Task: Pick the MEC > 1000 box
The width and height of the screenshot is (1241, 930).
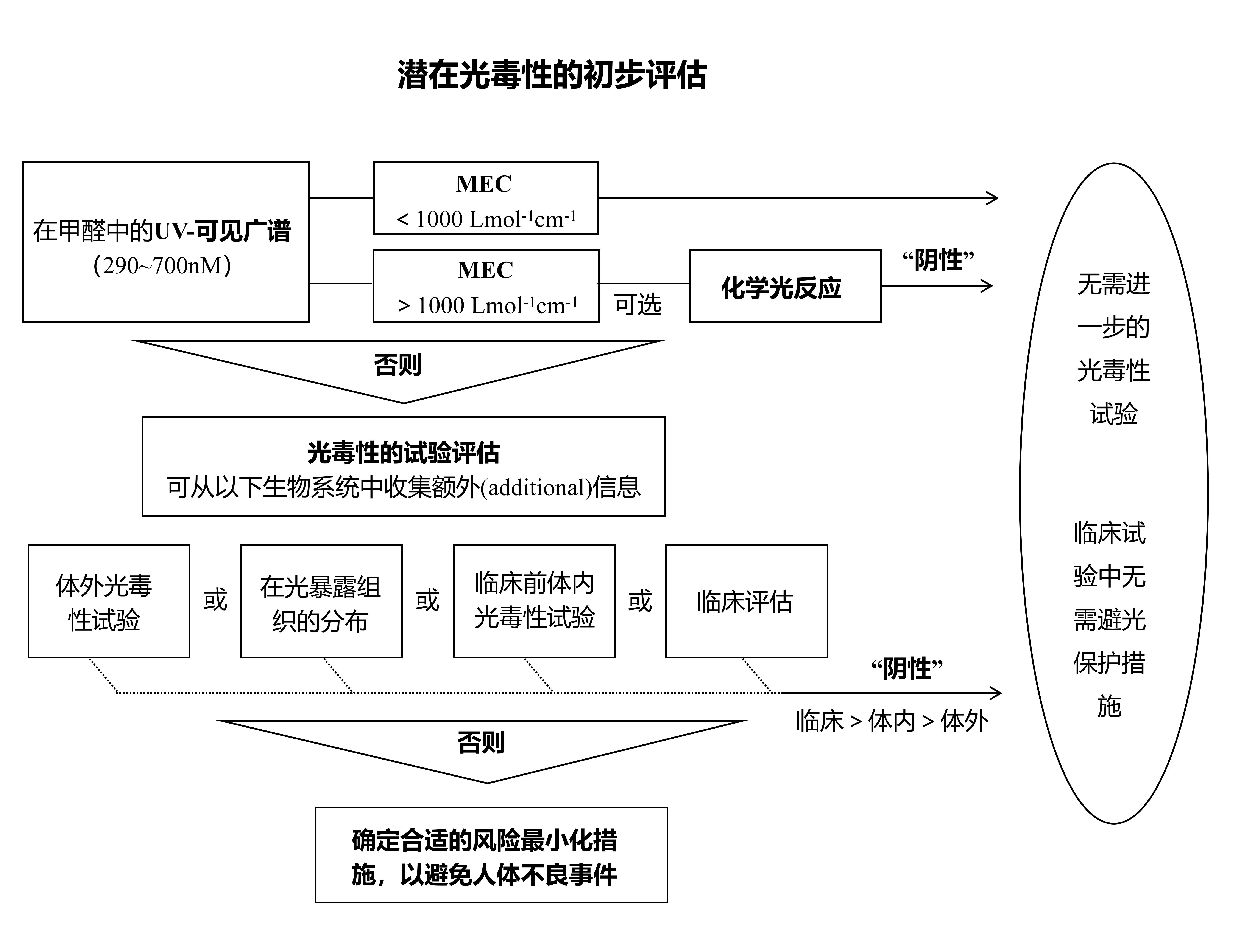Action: click(x=486, y=286)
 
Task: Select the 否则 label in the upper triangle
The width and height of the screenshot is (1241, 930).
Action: click(x=398, y=365)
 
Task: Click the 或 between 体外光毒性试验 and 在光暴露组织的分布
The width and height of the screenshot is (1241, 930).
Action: click(x=215, y=600)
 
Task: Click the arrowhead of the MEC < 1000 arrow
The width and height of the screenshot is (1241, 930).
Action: click(x=994, y=198)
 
